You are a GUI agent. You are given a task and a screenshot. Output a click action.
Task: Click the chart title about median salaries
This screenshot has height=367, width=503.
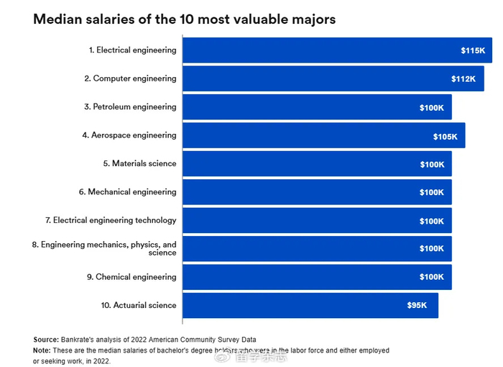(x=184, y=19)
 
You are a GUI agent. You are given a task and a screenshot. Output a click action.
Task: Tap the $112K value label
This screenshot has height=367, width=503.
(x=463, y=79)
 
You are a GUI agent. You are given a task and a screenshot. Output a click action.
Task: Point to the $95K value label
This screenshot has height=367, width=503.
(x=417, y=306)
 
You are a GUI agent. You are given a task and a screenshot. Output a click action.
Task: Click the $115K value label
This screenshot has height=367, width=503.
(x=473, y=50)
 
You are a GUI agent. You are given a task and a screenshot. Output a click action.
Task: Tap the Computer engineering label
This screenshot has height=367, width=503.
(x=130, y=78)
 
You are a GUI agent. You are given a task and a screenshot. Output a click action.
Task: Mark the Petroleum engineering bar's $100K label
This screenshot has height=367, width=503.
(x=432, y=107)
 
